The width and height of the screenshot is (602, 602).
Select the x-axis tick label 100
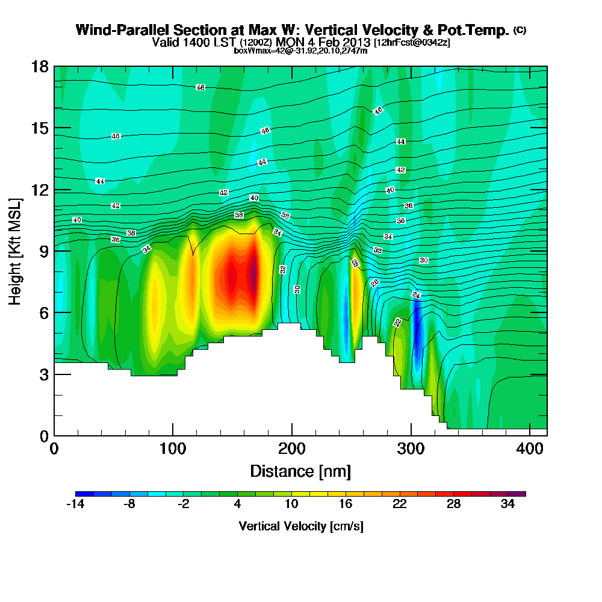click(173, 448)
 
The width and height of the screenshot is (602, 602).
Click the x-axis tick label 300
click(411, 448)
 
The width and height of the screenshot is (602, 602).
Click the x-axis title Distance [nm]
click(300, 471)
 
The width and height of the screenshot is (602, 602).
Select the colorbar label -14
click(75, 504)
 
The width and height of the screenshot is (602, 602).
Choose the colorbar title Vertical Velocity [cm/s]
click(300, 526)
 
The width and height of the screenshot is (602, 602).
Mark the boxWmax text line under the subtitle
click(300, 51)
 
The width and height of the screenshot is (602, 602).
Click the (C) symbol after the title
click(520, 30)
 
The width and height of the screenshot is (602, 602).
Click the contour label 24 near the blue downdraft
click(416, 295)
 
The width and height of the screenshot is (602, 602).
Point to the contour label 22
click(397, 323)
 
